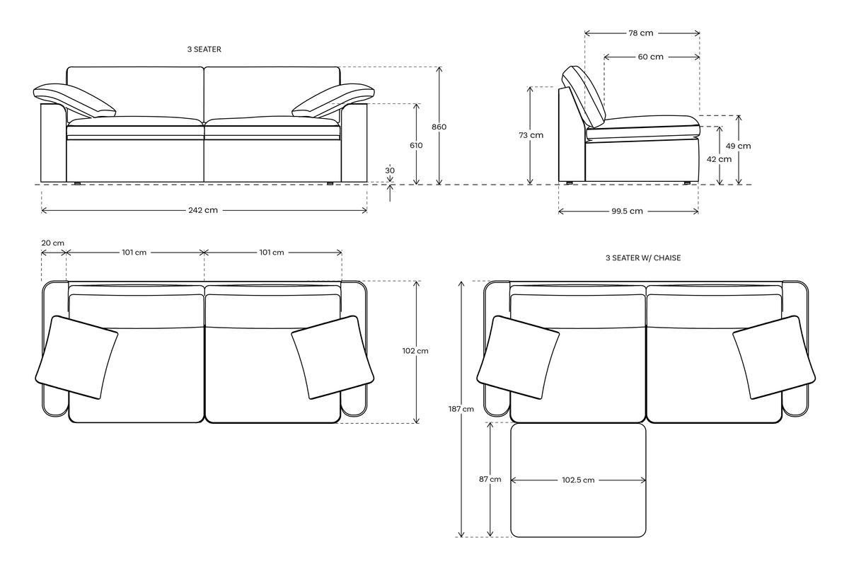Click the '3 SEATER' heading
[204, 50]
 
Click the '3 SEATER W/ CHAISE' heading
[643, 258]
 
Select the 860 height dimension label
[439, 127]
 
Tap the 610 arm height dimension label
[416, 145]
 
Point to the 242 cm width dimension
[204, 211]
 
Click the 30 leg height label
[391, 171]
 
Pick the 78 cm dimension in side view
[641, 33]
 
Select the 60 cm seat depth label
[651, 57]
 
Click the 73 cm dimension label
[531, 135]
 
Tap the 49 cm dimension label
[739, 146]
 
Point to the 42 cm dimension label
[720, 159]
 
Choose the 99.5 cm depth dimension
[628, 211]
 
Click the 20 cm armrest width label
[53, 243]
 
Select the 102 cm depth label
[415, 350]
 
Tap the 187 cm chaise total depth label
[463, 409]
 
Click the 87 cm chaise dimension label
[490, 479]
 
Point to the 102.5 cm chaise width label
[578, 480]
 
